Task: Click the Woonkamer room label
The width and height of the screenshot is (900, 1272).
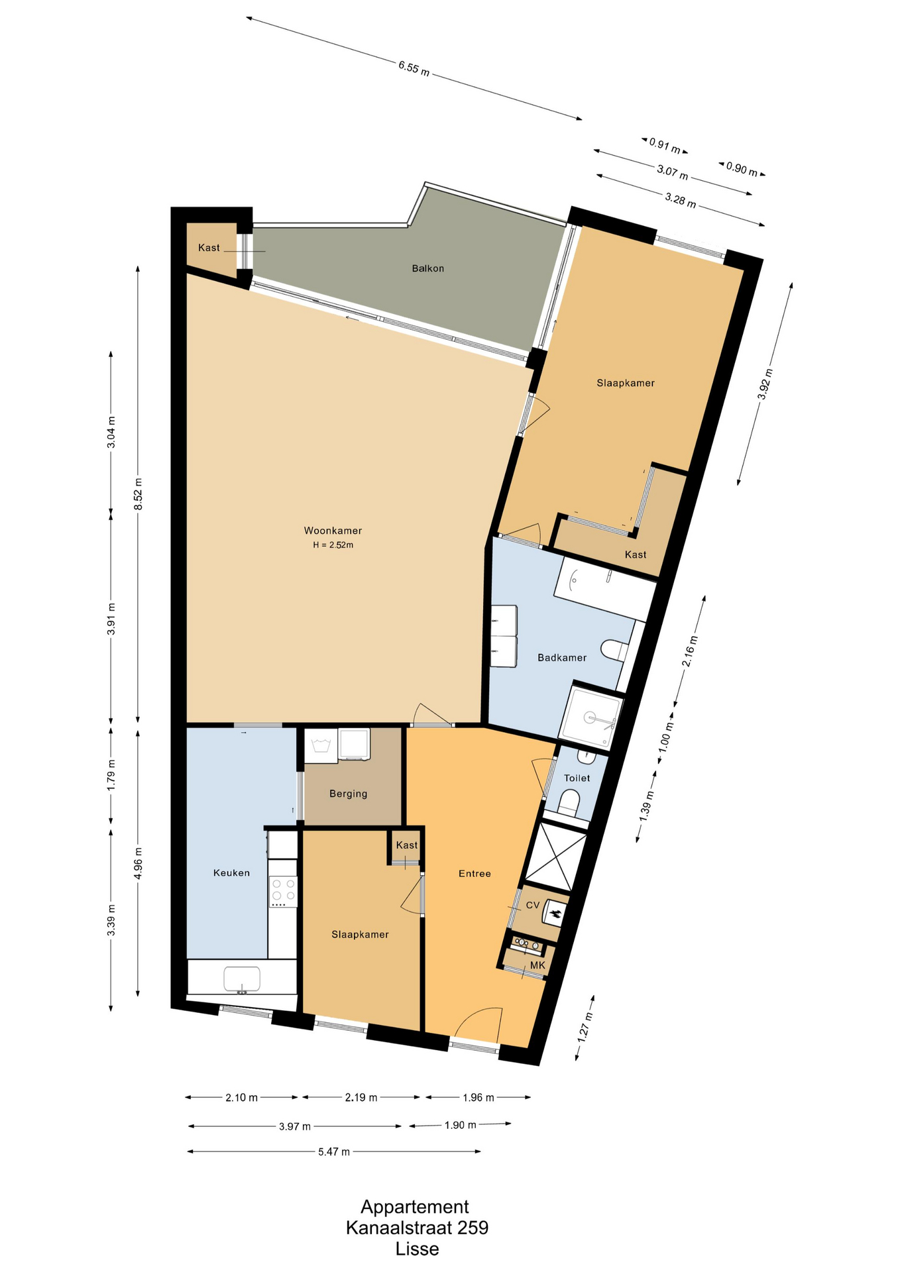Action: pyautogui.click(x=333, y=531)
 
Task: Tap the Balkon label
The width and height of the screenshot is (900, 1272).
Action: pyautogui.click(x=427, y=268)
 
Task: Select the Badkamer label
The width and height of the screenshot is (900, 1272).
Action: pyautogui.click(x=562, y=658)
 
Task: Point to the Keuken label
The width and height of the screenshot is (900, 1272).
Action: pyautogui.click(x=231, y=873)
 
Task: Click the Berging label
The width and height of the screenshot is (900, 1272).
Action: pyautogui.click(x=348, y=794)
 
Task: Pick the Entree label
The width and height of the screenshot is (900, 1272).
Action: pyautogui.click(x=475, y=874)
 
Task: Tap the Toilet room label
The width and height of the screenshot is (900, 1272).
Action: pyautogui.click(x=577, y=778)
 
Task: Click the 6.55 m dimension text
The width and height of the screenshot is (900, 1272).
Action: pyautogui.click(x=414, y=68)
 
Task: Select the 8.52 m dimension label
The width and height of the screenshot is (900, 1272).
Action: pyautogui.click(x=139, y=494)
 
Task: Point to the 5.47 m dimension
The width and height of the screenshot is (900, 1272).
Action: pyautogui.click(x=334, y=1151)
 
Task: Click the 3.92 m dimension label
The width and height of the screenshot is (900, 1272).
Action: pyautogui.click(x=765, y=384)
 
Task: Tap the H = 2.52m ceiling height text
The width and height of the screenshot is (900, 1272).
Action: pyautogui.click(x=333, y=545)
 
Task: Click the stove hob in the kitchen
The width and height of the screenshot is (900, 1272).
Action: pyautogui.click(x=283, y=892)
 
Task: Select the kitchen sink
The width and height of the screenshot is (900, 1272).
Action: pyautogui.click(x=242, y=979)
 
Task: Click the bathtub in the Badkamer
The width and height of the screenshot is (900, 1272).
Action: pyautogui.click(x=604, y=588)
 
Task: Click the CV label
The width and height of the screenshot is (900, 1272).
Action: pyautogui.click(x=533, y=905)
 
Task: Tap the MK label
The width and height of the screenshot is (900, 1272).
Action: pyautogui.click(x=537, y=965)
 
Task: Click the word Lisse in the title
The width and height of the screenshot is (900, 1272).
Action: pyautogui.click(x=418, y=1249)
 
